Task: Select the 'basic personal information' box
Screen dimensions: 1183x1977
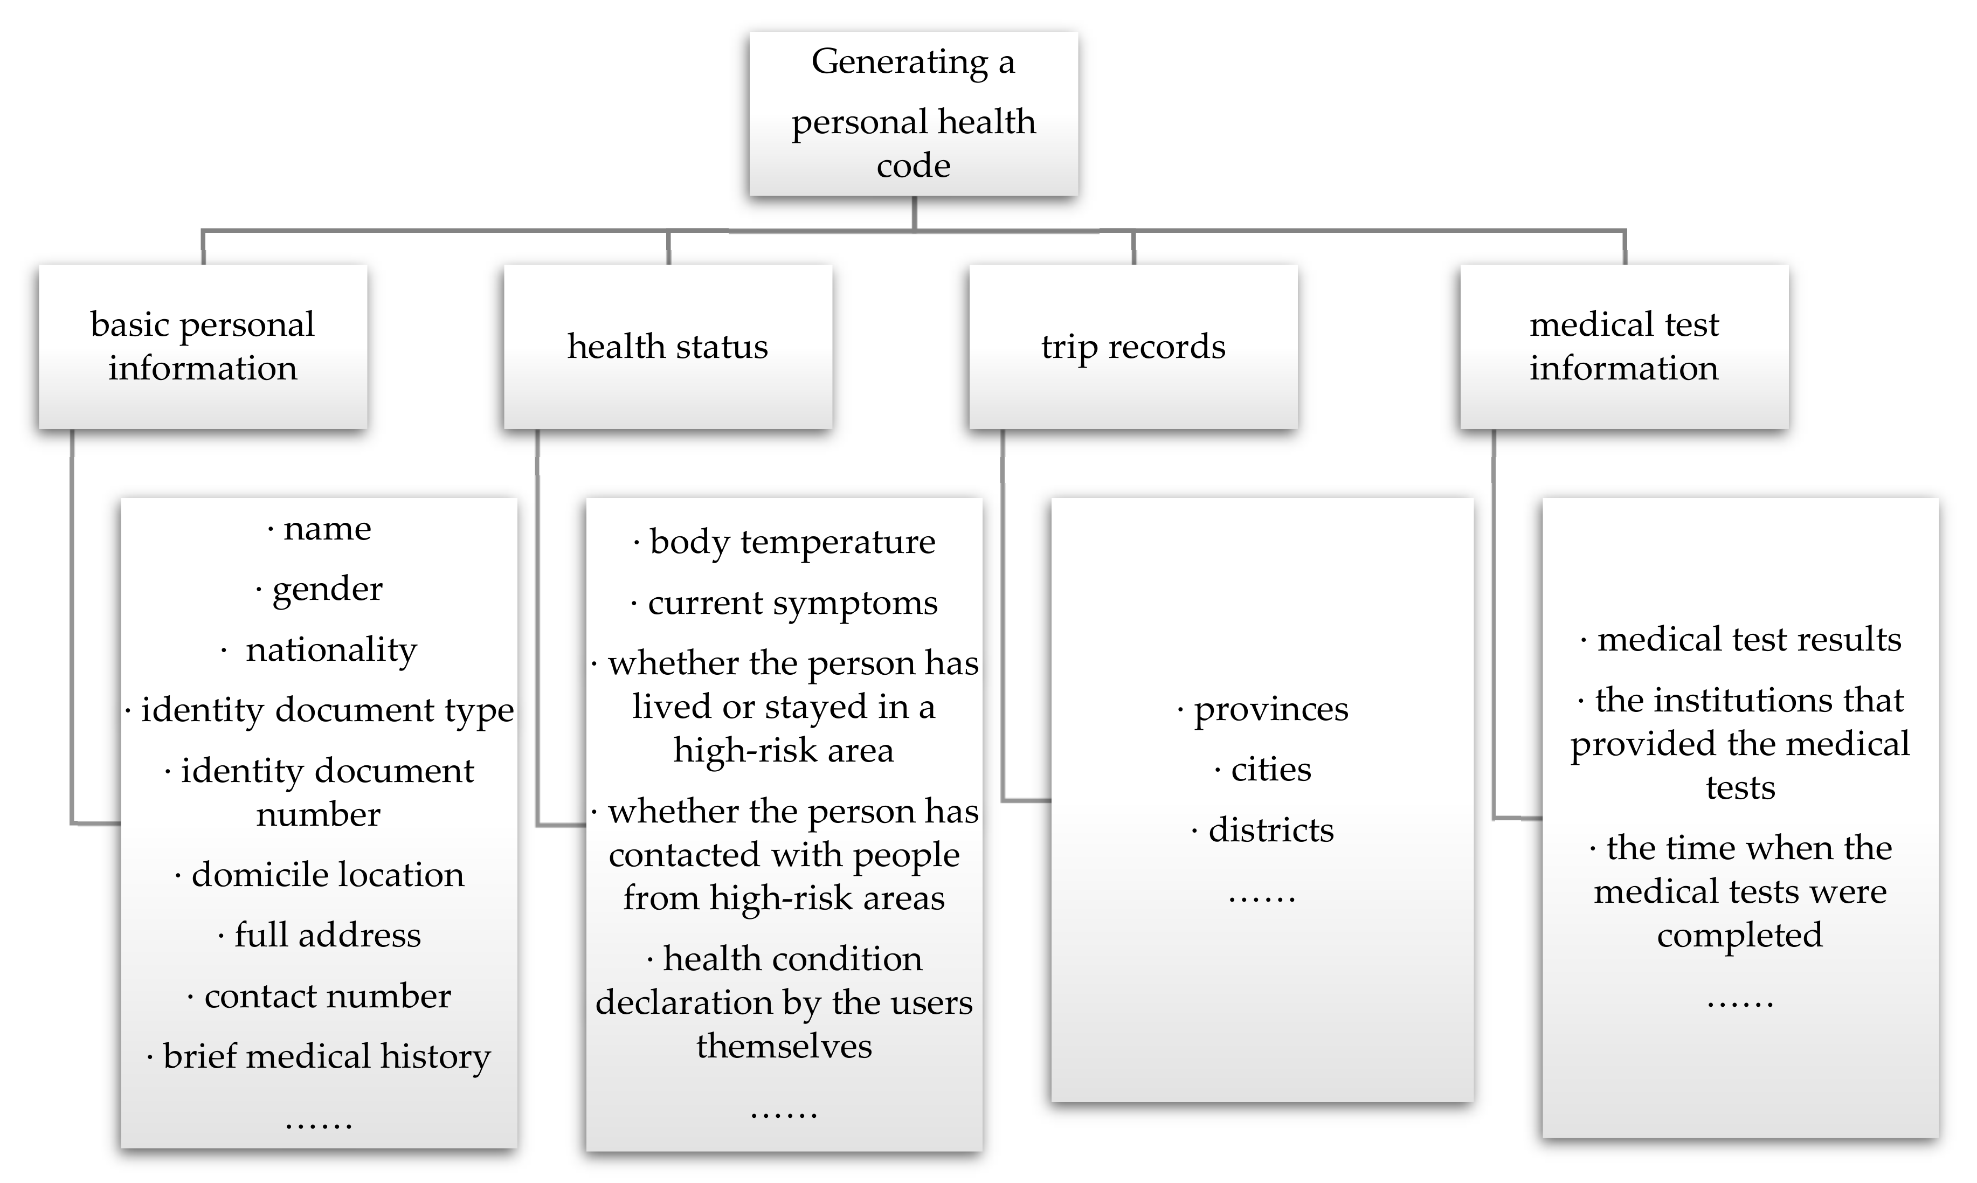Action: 203,346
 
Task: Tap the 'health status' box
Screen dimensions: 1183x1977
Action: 667,346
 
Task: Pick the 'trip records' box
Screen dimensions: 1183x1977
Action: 1133,346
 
